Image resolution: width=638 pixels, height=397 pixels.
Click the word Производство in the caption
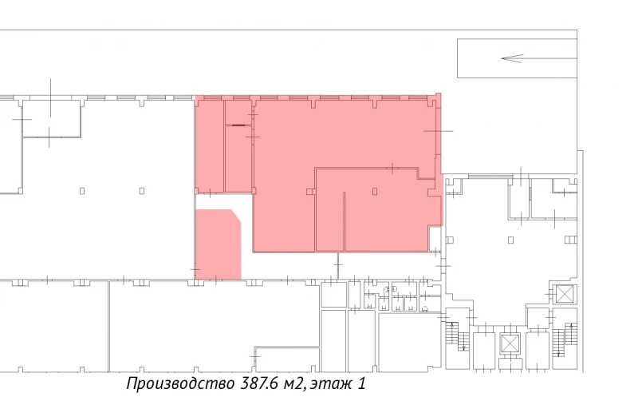tap(180, 384)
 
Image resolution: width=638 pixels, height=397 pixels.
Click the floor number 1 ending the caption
tap(361, 383)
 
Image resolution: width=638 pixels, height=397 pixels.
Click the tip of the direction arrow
tap(502, 58)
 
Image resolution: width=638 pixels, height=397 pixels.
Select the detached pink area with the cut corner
tap(219, 244)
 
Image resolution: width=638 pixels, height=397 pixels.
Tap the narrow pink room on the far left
tap(210, 146)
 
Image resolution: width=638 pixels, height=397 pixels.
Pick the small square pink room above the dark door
tap(238, 112)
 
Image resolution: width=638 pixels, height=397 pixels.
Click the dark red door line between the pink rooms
tap(238, 125)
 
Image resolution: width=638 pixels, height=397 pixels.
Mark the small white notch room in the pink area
tap(435, 239)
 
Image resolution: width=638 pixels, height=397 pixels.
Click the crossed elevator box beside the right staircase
tap(565, 294)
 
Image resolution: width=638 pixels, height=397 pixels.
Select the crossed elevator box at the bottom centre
tap(510, 343)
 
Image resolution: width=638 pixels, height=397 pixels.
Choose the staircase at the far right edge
tap(565, 339)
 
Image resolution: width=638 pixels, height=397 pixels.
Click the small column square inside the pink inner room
tap(375, 191)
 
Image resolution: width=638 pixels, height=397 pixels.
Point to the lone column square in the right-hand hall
tap(510, 240)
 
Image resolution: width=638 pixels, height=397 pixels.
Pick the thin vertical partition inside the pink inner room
tap(345, 221)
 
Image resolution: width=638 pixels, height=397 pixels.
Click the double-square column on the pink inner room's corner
tap(311, 192)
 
